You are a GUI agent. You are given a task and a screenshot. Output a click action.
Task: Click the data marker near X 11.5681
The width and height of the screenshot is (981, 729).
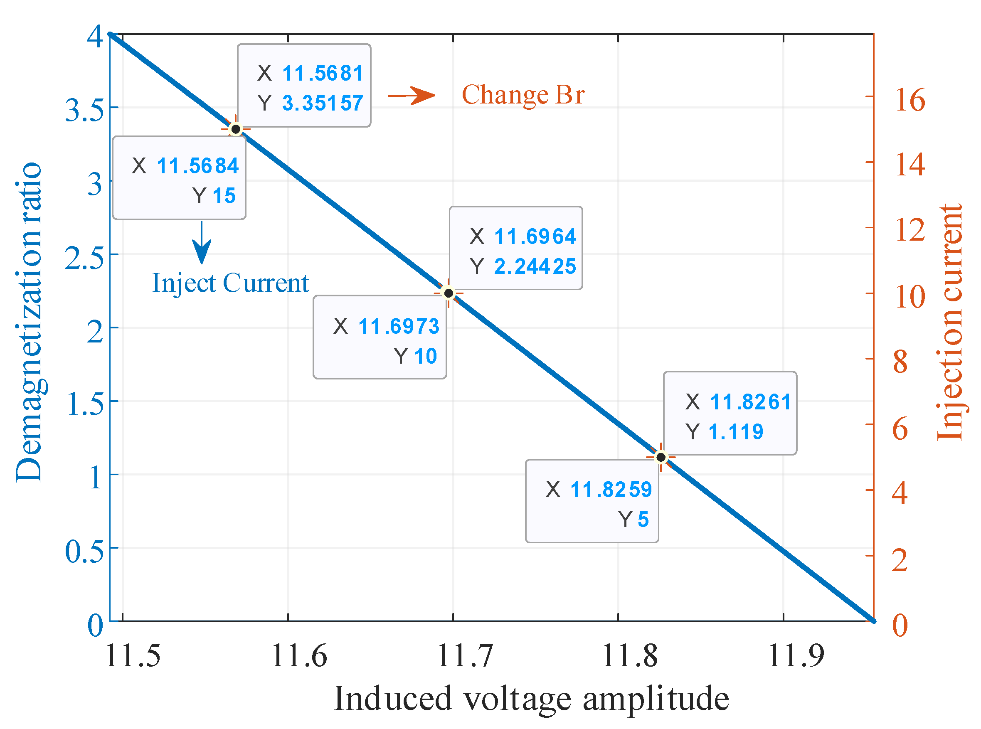click(236, 129)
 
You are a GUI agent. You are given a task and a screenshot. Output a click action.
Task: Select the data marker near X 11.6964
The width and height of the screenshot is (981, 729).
click(449, 293)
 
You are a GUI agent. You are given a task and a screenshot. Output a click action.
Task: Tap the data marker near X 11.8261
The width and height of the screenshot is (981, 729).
click(661, 457)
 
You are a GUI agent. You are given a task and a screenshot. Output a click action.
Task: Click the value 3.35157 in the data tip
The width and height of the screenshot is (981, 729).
click(323, 103)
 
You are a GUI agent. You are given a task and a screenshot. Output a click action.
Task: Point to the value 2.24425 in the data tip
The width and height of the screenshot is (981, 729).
click(535, 266)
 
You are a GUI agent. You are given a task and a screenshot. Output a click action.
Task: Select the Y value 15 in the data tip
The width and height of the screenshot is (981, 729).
click(224, 195)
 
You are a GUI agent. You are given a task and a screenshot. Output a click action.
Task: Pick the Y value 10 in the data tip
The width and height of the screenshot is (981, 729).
click(425, 356)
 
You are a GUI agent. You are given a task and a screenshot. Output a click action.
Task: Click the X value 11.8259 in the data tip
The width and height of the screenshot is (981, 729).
click(611, 489)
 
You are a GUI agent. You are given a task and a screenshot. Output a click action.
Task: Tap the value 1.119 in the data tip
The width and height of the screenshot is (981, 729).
click(736, 431)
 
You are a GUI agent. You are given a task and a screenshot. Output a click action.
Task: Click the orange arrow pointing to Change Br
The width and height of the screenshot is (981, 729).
click(411, 95)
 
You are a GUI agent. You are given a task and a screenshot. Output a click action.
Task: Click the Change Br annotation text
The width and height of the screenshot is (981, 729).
click(523, 94)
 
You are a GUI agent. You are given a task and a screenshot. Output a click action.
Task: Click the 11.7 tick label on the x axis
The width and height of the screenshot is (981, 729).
click(464, 656)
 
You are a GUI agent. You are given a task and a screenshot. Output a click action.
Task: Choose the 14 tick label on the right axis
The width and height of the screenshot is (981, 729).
click(910, 165)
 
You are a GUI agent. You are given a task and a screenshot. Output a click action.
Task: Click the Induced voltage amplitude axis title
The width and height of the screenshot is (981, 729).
click(531, 699)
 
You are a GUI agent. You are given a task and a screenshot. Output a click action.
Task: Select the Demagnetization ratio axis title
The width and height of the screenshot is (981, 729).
click(29, 322)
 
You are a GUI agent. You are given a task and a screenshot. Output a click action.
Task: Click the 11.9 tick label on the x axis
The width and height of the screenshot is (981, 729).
click(796, 656)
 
